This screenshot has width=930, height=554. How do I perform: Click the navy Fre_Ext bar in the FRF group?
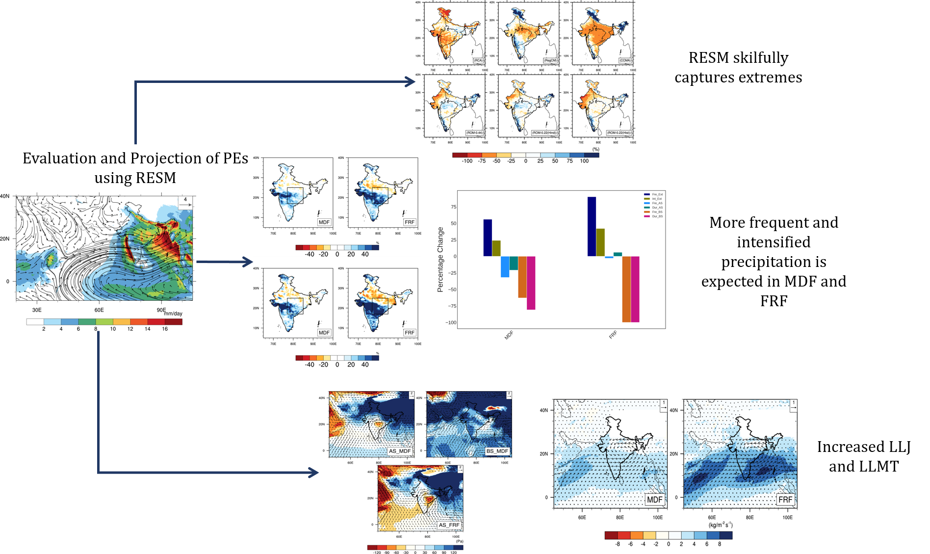click(592, 226)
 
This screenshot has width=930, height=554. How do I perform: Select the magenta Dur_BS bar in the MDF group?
click(531, 283)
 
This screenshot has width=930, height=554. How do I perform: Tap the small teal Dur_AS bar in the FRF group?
click(618, 254)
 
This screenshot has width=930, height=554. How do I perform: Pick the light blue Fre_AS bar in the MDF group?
click(505, 266)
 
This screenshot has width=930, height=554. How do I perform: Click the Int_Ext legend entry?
click(657, 199)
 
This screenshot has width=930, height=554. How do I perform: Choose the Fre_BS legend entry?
click(657, 212)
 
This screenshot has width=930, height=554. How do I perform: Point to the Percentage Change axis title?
click(440, 260)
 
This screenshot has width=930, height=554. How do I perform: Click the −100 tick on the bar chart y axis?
click(450, 322)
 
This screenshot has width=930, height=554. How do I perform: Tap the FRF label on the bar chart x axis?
click(613, 335)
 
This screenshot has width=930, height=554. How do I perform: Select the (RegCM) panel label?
click(550, 60)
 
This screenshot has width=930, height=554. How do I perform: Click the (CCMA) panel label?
click(624, 60)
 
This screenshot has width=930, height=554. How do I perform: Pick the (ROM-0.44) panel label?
click(474, 132)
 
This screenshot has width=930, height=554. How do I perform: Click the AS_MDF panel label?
click(399, 451)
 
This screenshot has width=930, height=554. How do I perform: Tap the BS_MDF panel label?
click(497, 451)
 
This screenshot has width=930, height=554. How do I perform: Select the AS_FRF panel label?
click(449, 525)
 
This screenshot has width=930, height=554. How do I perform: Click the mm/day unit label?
click(173, 314)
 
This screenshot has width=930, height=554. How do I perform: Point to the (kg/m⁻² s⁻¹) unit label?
click(721, 525)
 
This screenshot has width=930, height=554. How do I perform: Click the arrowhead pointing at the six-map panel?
click(411, 82)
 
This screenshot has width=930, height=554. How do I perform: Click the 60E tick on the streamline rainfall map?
click(99, 310)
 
